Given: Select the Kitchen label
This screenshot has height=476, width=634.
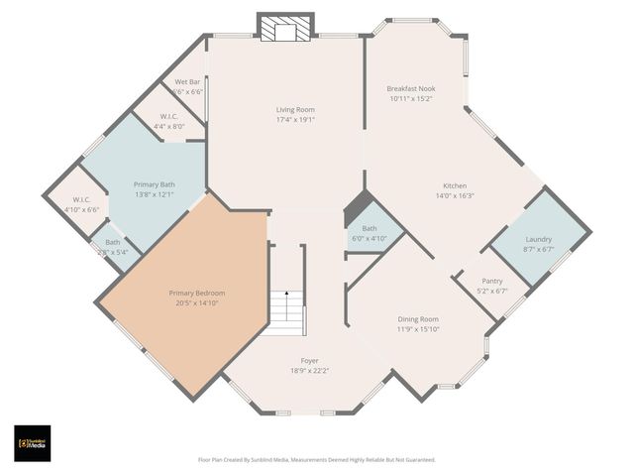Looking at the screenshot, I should pos(455,185).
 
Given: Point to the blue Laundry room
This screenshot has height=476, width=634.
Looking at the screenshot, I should pos(538,244).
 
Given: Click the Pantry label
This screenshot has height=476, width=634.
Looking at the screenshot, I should pos(492,282).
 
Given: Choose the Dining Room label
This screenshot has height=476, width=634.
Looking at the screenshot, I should pos(418,318).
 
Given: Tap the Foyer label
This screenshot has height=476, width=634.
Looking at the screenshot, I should pos(310,360).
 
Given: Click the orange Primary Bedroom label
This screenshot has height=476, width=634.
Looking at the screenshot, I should pos(196,293).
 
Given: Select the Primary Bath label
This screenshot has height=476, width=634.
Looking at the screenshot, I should pos(155,184).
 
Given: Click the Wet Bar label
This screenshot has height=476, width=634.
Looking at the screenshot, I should pos(188,81).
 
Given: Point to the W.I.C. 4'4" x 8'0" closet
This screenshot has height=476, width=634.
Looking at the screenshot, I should pos(168,121).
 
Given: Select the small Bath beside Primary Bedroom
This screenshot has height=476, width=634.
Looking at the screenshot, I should pos(113,247).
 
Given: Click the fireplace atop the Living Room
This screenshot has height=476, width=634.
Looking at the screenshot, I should pos(285,30).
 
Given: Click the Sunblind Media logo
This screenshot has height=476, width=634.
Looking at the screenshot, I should pos(33,442).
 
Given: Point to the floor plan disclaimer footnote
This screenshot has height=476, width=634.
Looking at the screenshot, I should pos(317,460).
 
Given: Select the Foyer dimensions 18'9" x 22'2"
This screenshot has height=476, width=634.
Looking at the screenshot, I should pos(310,370).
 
